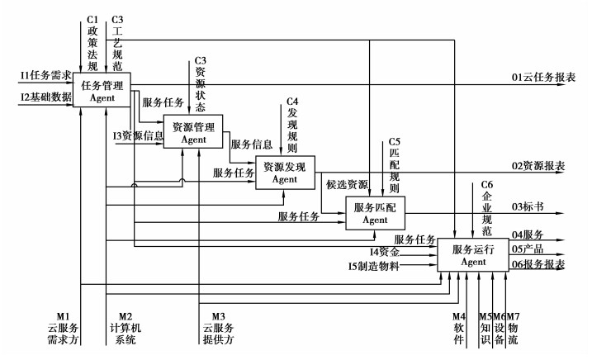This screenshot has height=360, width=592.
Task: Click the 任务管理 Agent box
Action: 102,89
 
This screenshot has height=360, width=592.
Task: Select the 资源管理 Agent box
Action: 194,132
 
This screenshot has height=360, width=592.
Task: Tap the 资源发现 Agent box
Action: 284,173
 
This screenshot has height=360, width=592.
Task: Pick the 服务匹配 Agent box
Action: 375,214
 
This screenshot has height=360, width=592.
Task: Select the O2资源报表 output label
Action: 538,167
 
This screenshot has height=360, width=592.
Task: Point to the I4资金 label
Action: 386,251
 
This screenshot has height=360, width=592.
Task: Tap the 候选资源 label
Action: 347,184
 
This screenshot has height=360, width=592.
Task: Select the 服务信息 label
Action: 253,144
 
